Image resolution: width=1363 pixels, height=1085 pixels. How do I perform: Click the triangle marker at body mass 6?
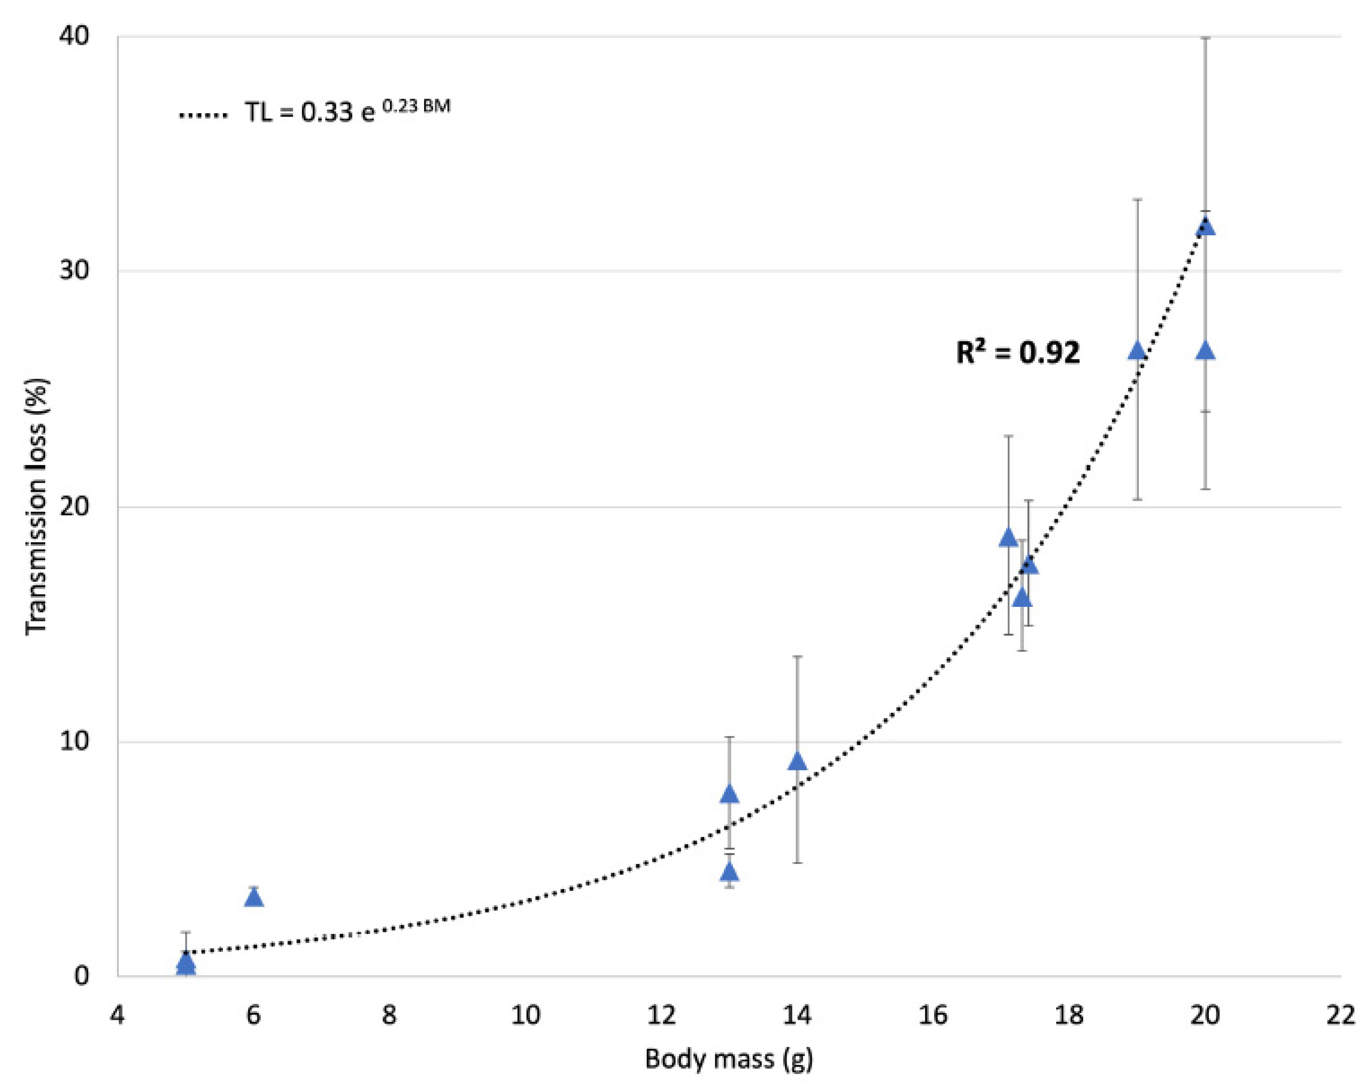(x=254, y=898)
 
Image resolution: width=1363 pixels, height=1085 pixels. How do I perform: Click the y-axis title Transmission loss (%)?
(x=37, y=506)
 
